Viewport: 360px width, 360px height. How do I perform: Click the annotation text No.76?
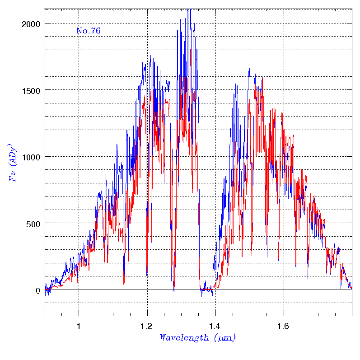(x=89, y=31)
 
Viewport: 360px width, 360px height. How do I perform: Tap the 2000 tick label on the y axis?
(x=30, y=23)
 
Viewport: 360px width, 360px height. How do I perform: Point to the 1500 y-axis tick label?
(x=30, y=90)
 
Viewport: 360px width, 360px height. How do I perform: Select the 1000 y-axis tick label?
(x=30, y=157)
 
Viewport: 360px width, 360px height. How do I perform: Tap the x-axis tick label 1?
(x=79, y=325)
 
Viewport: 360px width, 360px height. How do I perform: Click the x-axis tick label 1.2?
(x=147, y=325)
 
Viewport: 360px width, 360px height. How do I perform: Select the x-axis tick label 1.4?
(x=215, y=325)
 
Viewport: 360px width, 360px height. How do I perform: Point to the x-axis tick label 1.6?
(x=284, y=325)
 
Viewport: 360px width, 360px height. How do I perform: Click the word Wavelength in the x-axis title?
(x=184, y=337)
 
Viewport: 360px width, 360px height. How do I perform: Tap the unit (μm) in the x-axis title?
(x=224, y=337)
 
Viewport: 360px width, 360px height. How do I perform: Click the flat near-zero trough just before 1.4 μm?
(x=206, y=289)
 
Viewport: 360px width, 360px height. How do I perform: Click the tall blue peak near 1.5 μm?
(x=249, y=70)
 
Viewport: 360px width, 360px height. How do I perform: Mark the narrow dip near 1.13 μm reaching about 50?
(x=124, y=284)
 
